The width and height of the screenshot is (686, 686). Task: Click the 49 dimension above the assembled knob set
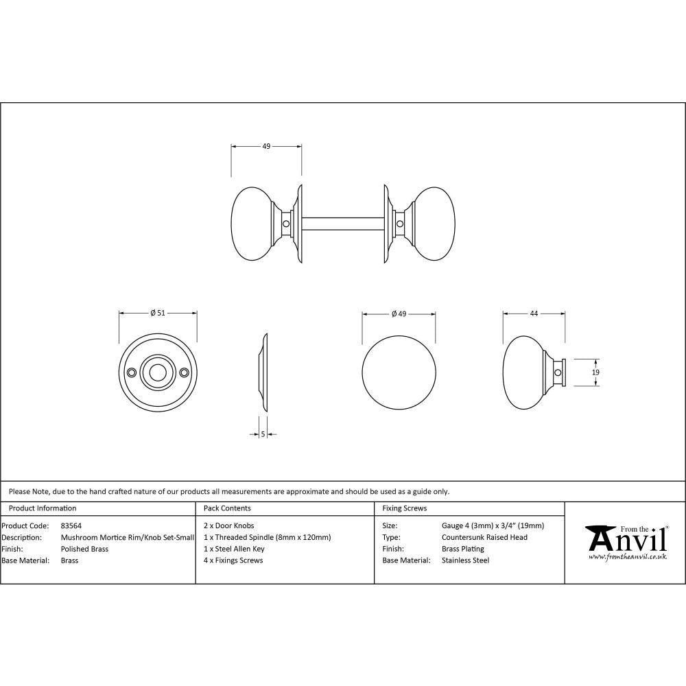(x=266, y=146)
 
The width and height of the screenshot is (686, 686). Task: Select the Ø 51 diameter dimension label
(x=158, y=313)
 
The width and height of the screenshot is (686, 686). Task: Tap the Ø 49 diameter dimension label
(x=399, y=314)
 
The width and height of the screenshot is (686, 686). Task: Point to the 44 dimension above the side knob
(x=534, y=313)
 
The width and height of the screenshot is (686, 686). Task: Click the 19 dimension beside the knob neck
(x=595, y=372)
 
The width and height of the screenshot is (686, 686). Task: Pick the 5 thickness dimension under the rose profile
(x=263, y=434)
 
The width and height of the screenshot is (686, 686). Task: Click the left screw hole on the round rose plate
(x=132, y=372)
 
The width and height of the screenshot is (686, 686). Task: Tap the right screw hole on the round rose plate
(x=184, y=372)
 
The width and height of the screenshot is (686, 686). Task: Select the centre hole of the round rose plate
(x=158, y=372)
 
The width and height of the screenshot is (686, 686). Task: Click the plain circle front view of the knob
(x=399, y=372)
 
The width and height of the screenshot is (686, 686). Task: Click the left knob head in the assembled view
(x=252, y=223)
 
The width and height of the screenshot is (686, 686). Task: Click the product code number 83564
(x=71, y=526)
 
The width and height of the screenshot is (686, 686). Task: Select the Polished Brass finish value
(x=84, y=549)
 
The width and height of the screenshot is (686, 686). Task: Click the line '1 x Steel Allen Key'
(x=234, y=549)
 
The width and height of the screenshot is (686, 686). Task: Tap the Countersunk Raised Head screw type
(x=484, y=537)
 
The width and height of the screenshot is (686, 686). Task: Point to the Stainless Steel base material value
(x=465, y=560)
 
